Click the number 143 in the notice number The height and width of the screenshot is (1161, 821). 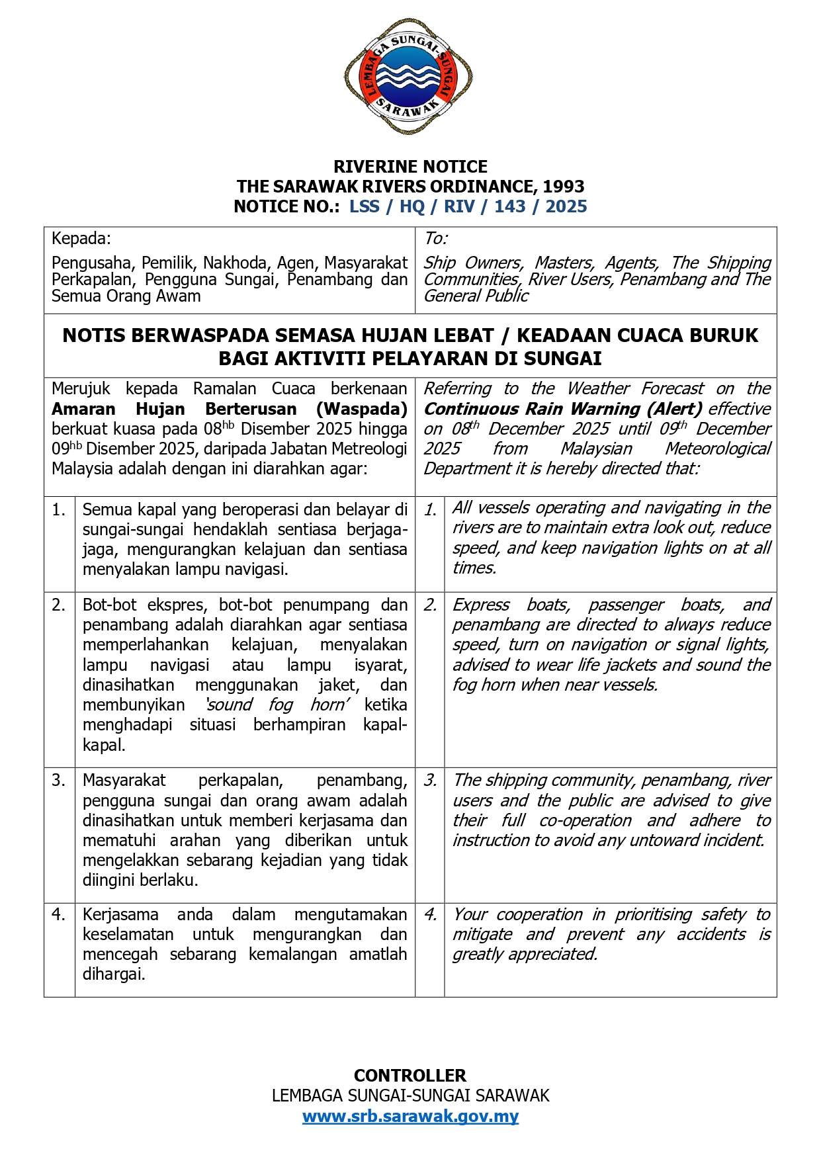509,206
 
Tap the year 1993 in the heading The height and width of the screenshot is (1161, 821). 562,186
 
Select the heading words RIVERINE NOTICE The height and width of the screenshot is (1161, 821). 410,166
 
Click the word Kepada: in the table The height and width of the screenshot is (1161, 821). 81,238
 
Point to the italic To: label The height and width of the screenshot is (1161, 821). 435,238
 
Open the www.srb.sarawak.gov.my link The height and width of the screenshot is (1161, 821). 410,1116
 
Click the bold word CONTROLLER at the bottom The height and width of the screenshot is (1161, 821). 410,1075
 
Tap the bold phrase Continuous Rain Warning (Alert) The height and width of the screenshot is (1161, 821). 563,409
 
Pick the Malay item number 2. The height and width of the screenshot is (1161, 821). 59,605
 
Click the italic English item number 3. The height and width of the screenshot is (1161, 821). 430,781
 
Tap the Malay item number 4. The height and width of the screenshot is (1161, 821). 59,914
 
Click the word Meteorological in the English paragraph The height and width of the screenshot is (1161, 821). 717,449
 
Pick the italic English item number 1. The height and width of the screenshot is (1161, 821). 430,509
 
